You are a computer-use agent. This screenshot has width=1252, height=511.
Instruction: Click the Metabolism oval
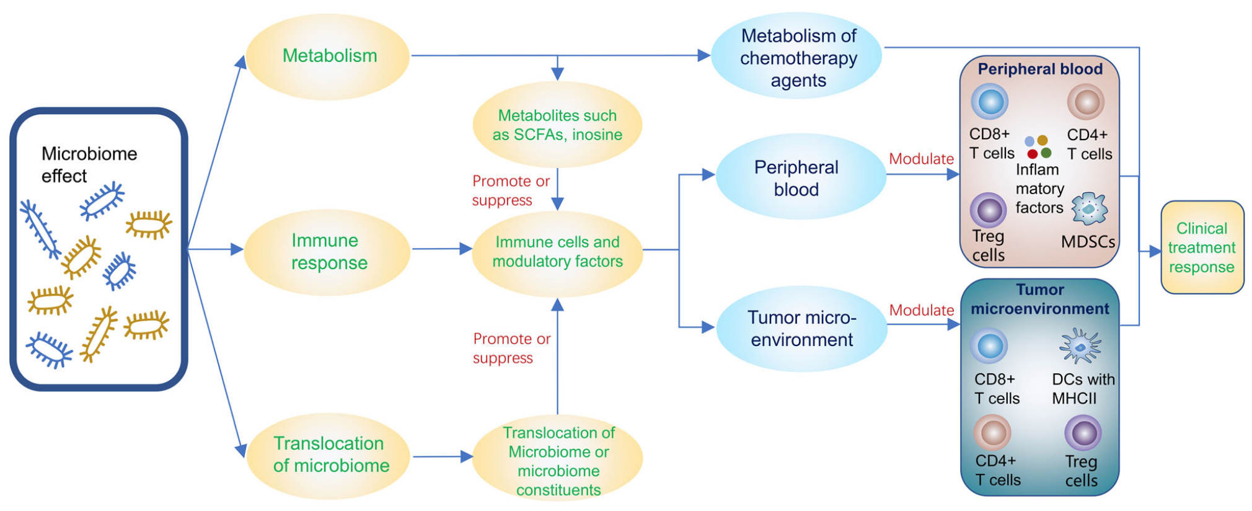tap(328, 56)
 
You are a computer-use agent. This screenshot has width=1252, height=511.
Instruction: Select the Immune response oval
tap(327, 252)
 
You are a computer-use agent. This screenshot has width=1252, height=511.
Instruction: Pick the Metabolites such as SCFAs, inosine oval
tap(557, 125)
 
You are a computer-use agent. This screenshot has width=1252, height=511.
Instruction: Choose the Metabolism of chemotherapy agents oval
tap(798, 57)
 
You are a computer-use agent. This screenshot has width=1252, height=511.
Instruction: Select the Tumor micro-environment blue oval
tap(801, 329)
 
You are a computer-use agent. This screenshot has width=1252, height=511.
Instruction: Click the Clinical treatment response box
tap(1202, 247)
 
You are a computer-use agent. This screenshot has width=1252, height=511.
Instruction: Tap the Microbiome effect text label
tap(89, 164)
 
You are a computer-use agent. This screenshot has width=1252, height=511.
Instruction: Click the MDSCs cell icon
tap(1089, 208)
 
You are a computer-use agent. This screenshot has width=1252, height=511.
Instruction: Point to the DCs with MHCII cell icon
tap(1080, 346)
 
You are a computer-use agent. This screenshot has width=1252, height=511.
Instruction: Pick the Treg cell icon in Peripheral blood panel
tap(988, 210)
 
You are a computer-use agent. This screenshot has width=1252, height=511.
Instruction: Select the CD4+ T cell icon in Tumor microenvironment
tap(992, 432)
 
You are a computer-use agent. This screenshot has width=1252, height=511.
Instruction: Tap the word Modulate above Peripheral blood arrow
tap(921, 159)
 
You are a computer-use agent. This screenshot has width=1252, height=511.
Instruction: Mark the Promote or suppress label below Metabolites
tap(511, 190)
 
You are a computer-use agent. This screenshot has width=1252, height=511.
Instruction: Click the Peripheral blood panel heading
tap(1040, 69)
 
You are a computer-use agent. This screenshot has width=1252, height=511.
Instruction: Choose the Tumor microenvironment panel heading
tap(1040, 299)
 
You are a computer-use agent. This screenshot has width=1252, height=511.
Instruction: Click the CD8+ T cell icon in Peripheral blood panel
tap(989, 101)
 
